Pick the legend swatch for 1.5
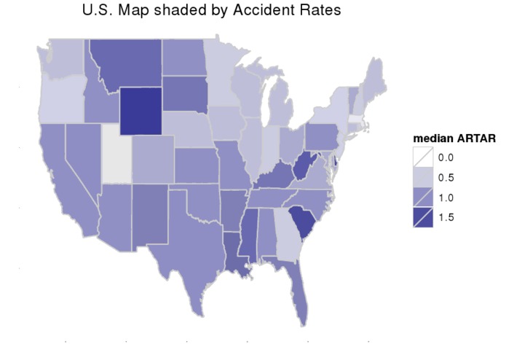[422, 216]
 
